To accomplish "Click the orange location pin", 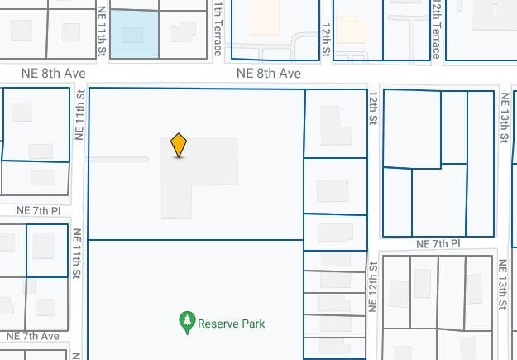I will coord(179,145).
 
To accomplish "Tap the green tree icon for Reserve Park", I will coord(187,322).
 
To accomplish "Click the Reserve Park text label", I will coord(232,324).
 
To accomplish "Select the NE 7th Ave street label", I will coord(32,337).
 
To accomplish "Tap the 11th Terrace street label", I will coord(218,28).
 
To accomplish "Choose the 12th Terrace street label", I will coord(436,28).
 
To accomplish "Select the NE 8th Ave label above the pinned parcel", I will coord(268,74).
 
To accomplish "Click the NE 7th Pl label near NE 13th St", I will coord(438,244).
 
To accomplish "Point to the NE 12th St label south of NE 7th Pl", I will coord(373,286).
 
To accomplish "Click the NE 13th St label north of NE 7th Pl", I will coord(504,118).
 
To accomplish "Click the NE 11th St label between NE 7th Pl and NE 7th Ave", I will coord(76,252).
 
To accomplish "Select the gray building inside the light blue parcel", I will coord(132,35).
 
